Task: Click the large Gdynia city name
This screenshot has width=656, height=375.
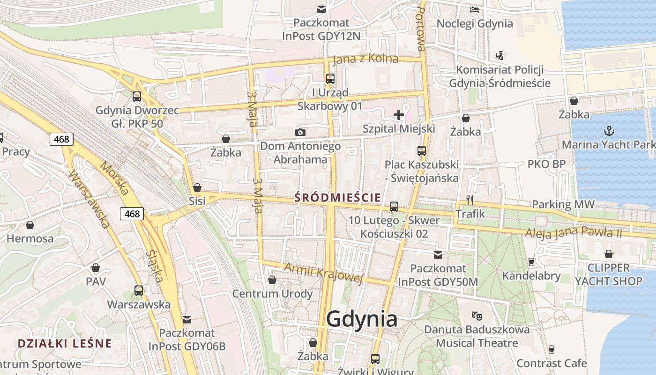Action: (362, 319)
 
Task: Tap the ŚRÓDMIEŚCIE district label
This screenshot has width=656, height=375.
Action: (337, 198)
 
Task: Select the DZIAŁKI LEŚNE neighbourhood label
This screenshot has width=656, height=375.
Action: (65, 343)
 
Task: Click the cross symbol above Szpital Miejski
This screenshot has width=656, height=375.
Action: (399, 115)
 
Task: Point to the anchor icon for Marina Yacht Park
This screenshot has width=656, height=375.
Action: (609, 131)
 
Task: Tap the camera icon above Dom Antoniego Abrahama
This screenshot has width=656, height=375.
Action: (300, 133)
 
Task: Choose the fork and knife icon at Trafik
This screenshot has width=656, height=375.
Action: (470, 200)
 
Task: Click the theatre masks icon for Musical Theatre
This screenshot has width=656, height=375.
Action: (477, 315)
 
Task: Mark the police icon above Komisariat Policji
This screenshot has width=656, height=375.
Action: (500, 56)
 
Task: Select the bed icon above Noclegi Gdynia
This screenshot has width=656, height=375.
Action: (475, 9)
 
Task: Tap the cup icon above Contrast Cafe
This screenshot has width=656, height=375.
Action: (552, 349)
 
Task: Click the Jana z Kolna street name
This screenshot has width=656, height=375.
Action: (365, 59)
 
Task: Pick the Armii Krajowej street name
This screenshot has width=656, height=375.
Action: (324, 272)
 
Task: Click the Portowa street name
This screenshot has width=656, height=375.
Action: (420, 29)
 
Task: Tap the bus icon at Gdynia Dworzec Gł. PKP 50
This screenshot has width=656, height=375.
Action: (137, 97)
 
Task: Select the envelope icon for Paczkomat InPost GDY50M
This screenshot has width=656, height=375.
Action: (438, 255)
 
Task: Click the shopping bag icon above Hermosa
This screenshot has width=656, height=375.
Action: (30, 225)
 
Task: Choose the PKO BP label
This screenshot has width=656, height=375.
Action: (546, 164)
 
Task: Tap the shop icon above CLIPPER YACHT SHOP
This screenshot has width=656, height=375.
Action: (609, 254)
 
